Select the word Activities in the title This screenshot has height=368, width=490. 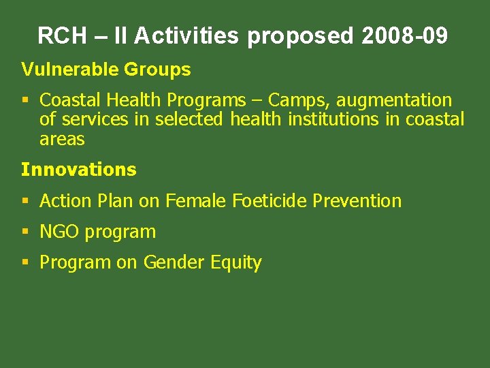186,35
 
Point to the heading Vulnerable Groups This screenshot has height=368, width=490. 105,70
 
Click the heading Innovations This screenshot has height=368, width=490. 78,169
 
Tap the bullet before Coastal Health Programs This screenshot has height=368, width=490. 25,101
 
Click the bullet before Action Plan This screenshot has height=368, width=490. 25,201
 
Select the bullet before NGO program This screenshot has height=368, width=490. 25,232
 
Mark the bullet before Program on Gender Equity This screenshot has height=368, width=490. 25,262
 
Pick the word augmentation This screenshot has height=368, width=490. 394,101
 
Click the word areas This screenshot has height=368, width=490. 62,140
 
